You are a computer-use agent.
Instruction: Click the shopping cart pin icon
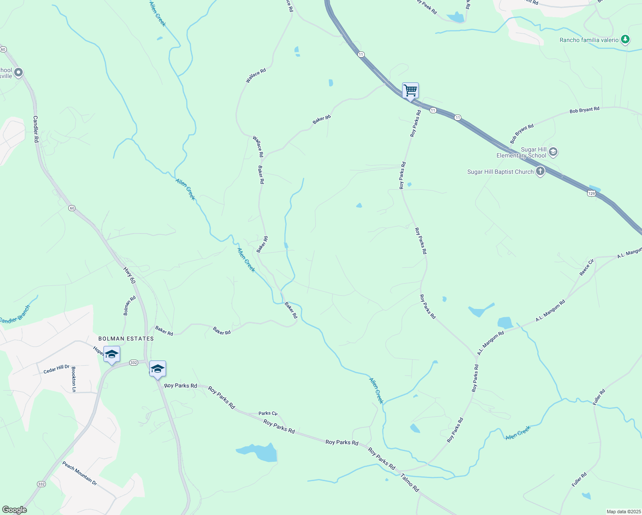410,91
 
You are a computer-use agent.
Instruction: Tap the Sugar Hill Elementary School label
521,152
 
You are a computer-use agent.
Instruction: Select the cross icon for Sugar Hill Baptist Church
540,172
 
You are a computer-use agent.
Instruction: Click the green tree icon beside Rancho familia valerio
625,40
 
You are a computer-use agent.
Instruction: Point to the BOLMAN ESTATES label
126,339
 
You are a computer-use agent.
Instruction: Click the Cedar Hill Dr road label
56,369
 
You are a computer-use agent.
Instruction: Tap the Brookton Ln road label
74,379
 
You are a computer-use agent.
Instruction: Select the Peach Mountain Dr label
79,473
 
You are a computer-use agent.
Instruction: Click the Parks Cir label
268,413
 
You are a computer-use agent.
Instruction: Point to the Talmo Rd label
409,482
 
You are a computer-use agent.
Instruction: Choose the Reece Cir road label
587,267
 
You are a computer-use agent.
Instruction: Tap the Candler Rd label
36,129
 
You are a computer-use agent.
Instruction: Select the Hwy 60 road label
129,276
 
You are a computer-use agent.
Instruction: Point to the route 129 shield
591,194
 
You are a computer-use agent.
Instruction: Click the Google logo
14,510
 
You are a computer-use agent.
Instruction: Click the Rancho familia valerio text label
589,40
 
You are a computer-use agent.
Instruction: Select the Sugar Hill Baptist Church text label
500,172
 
